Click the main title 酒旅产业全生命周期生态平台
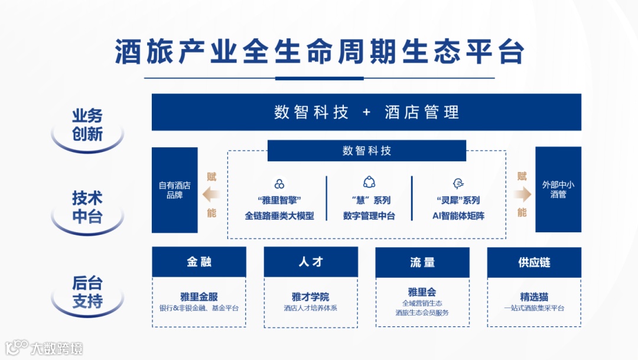click(x=319, y=52)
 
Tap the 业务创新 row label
click(x=87, y=125)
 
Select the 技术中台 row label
click(x=87, y=207)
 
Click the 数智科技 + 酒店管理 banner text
click(x=366, y=112)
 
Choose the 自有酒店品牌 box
click(x=175, y=190)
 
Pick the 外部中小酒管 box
click(x=558, y=189)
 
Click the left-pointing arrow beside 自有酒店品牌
click(x=210, y=194)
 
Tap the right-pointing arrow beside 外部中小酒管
click(x=522, y=194)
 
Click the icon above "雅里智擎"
click(x=279, y=184)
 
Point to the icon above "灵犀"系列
click(x=458, y=183)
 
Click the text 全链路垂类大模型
click(x=279, y=216)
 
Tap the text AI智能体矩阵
click(x=458, y=216)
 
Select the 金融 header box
click(x=199, y=262)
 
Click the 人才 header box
click(x=311, y=262)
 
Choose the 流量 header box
click(x=422, y=262)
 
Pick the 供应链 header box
click(x=534, y=262)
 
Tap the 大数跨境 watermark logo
click(x=44, y=348)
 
